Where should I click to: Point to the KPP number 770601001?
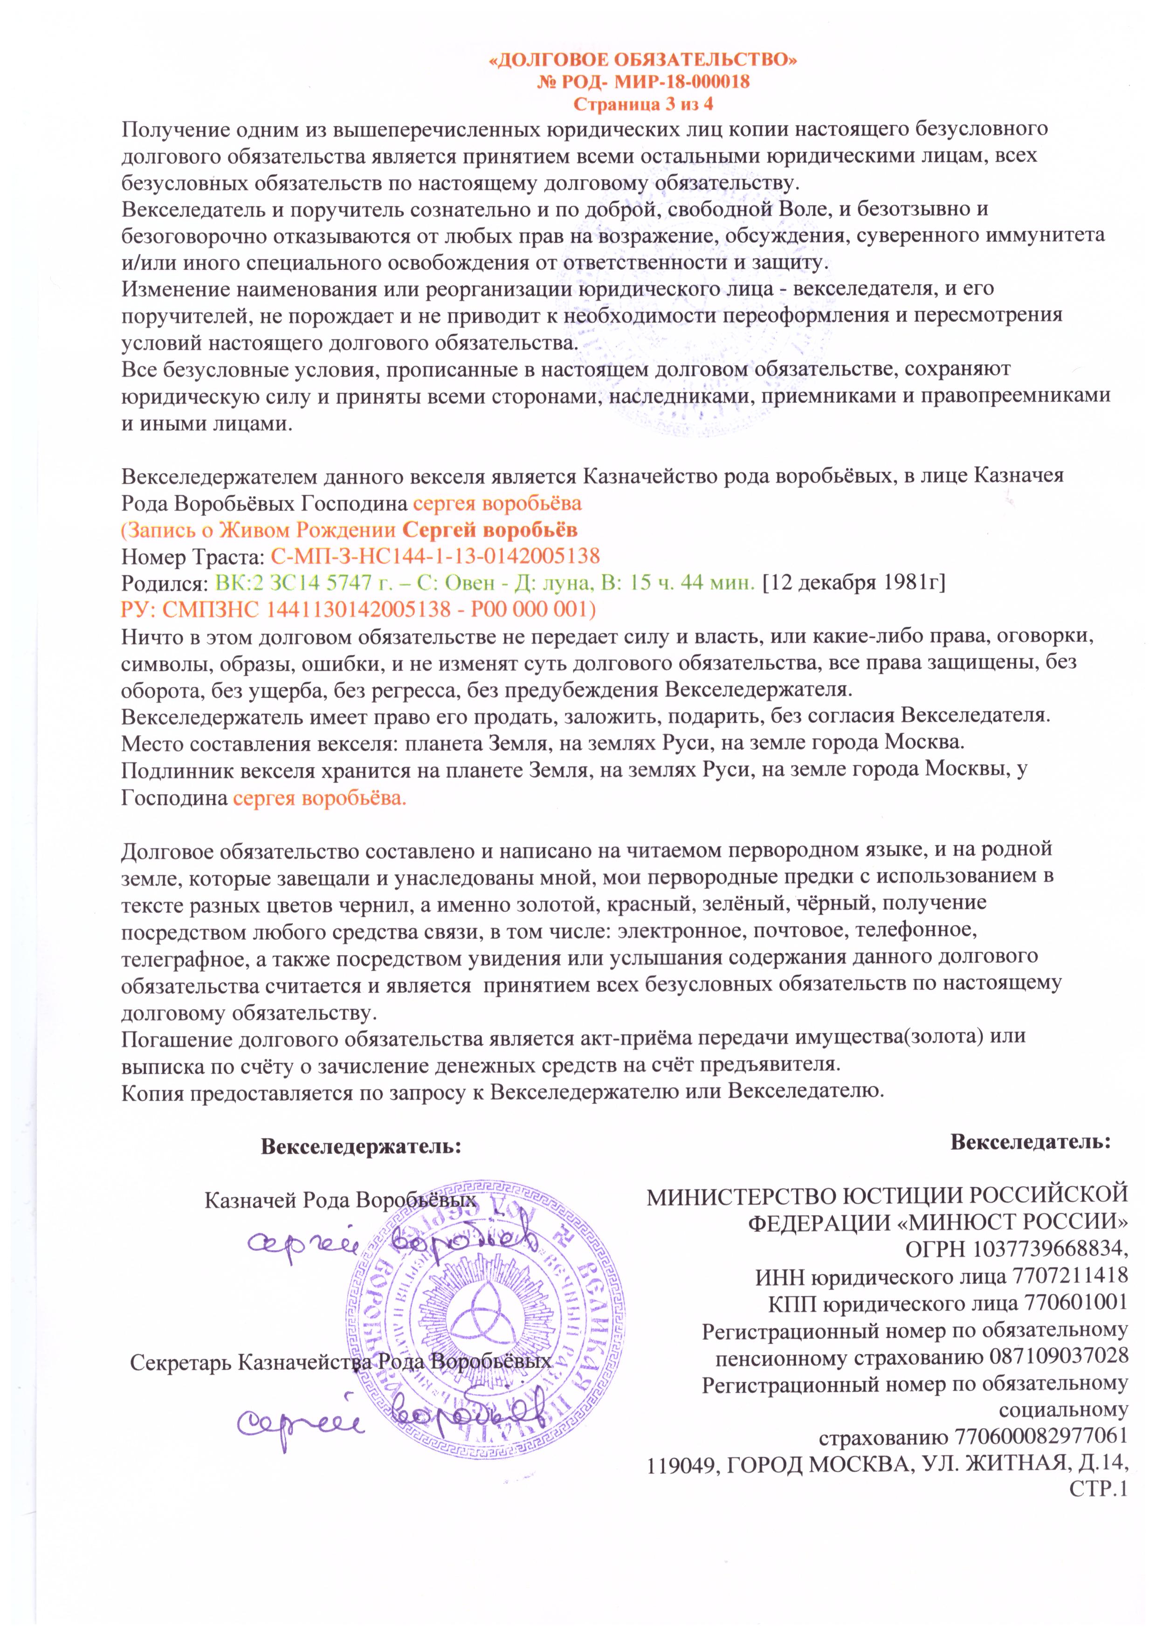point(1075,1303)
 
